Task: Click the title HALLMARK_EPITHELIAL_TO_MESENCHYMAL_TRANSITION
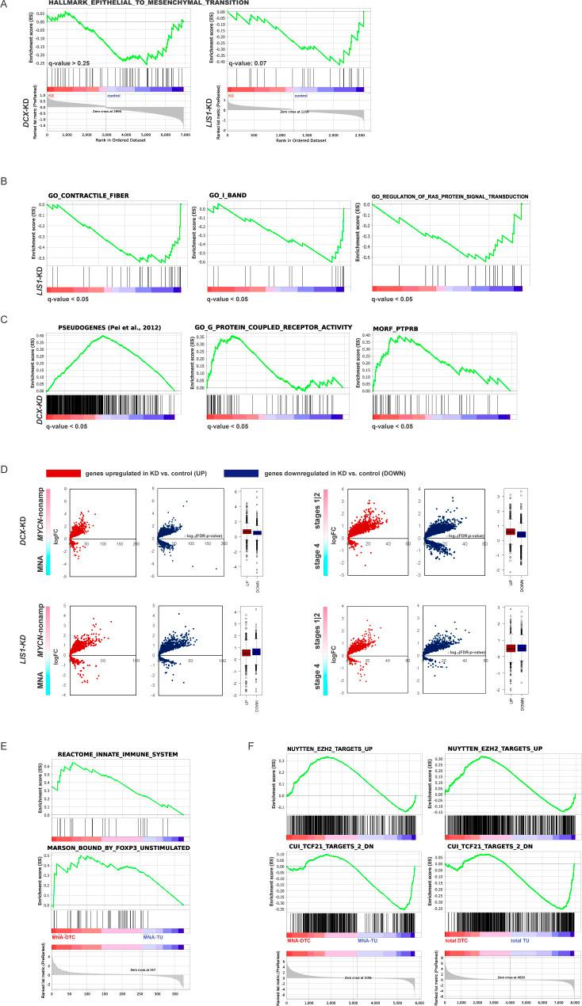click(x=147, y=4)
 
